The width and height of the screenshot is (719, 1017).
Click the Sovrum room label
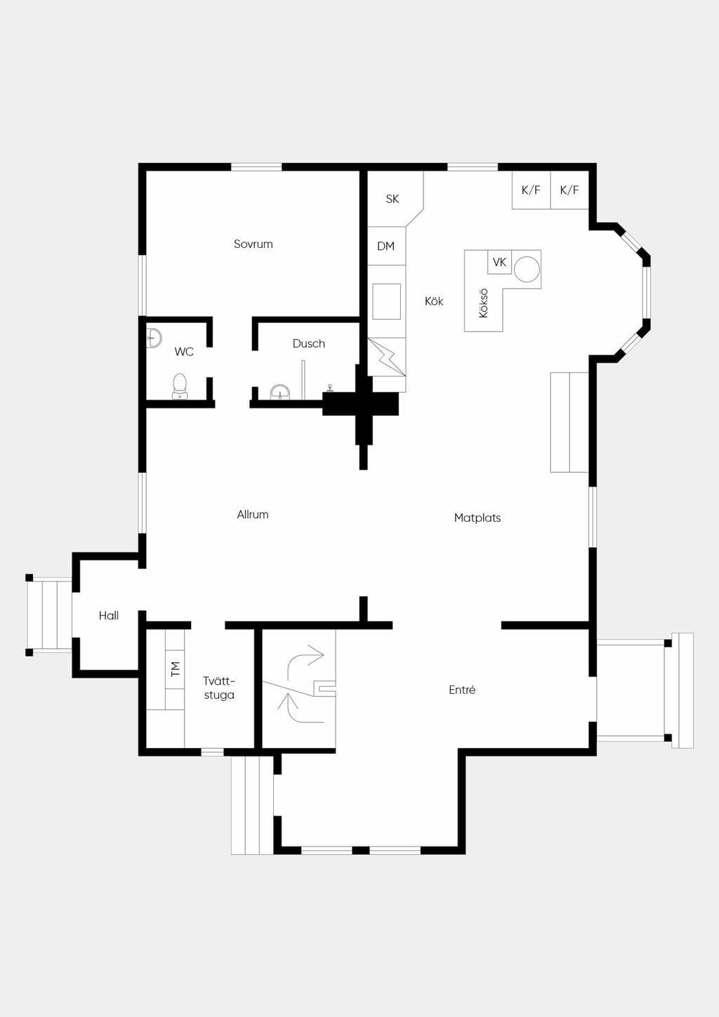coord(253,244)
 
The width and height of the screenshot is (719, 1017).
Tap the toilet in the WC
coord(180,386)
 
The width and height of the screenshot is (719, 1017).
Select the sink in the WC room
coord(154,339)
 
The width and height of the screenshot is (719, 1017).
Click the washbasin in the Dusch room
coord(281,391)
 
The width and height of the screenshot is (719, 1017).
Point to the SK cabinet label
coord(393,199)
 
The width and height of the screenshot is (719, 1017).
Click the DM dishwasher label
coord(385,246)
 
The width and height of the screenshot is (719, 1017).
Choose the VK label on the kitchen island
coord(500,262)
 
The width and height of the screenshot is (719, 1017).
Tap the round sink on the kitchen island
coord(527,269)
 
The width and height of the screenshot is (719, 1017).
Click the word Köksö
coord(483,303)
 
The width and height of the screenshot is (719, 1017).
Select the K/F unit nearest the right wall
coord(569,190)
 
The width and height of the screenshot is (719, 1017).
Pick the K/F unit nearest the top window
coord(531,190)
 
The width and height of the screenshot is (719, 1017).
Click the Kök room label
coord(434,301)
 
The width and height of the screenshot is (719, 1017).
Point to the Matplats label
coord(477,518)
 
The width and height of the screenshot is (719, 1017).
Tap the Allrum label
coord(253,514)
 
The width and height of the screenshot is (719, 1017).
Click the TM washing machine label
coord(176,669)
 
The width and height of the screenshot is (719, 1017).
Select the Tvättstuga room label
coord(219,688)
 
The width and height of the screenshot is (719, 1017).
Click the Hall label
coord(109,616)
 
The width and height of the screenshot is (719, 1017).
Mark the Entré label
coord(462,690)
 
